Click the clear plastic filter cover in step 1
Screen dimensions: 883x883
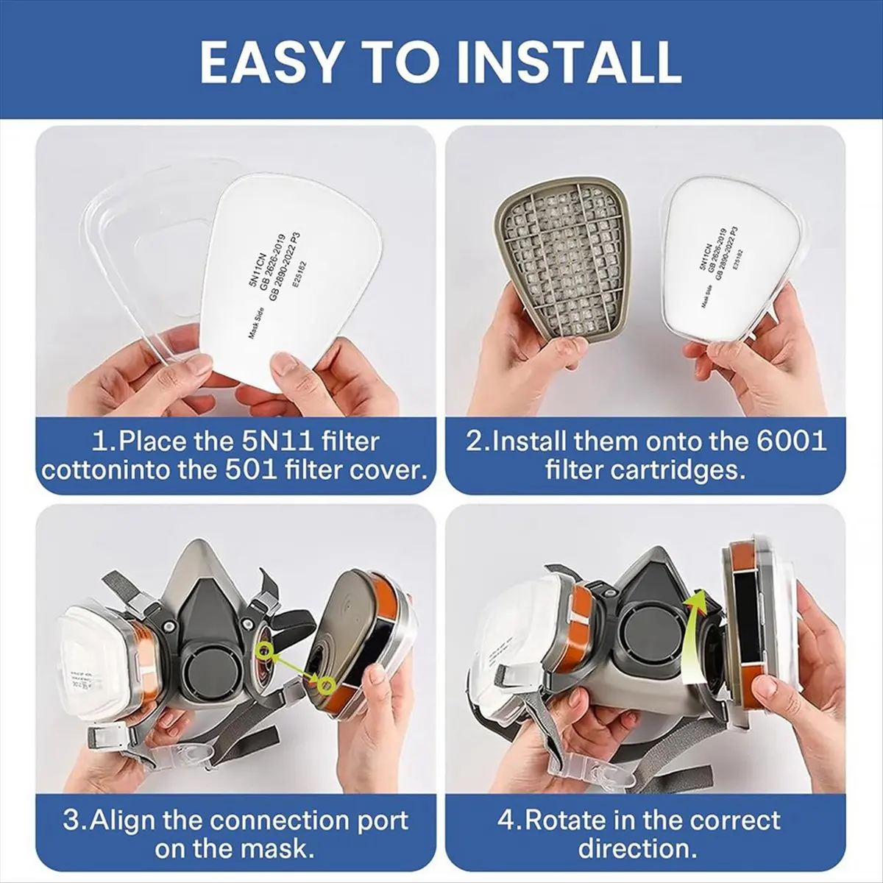(136, 243)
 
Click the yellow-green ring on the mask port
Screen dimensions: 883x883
(263, 648)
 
